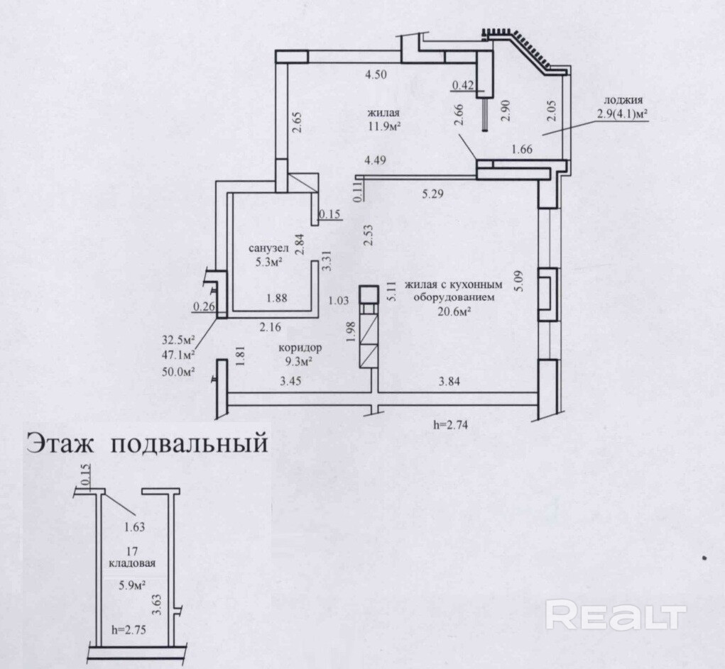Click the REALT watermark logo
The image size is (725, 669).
tap(616, 614)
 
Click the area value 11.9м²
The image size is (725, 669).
tap(384, 128)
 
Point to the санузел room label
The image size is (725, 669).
tap(267, 249)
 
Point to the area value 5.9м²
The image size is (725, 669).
tap(129, 585)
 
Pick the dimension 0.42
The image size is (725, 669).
tap(463, 87)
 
